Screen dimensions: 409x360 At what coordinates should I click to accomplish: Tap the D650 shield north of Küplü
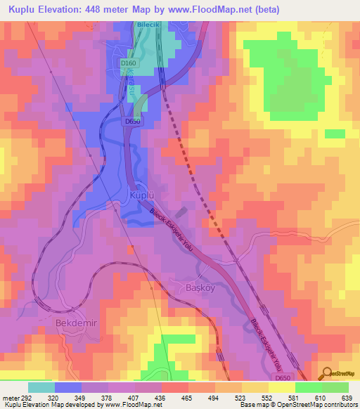click(x=134, y=122)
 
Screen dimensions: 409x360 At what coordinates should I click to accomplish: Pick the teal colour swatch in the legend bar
click(x=41, y=387)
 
